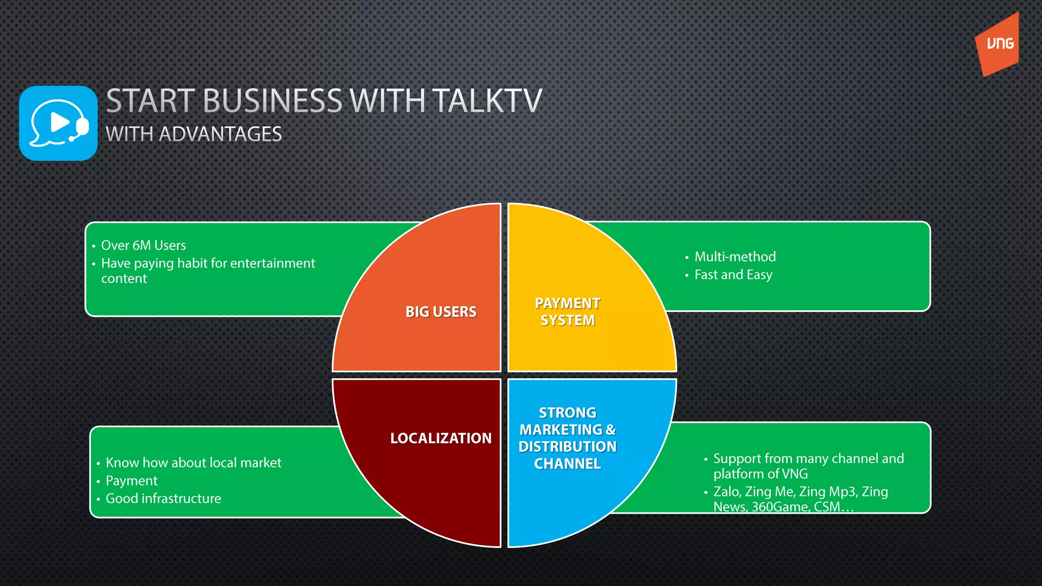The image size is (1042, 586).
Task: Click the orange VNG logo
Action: click(x=998, y=45)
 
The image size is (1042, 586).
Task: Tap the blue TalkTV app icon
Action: click(x=58, y=124)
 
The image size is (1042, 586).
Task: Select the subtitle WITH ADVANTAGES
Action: click(x=193, y=134)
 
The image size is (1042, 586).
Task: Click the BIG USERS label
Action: click(x=441, y=311)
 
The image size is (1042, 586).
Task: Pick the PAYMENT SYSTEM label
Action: click(x=567, y=311)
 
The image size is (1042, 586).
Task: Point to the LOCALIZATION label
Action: click(x=441, y=438)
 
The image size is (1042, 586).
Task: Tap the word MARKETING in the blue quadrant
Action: click(x=561, y=430)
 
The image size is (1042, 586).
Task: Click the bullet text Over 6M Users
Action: click(x=143, y=245)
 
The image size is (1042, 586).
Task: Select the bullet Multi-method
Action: click(x=735, y=256)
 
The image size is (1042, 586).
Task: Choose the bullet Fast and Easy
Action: click(x=733, y=275)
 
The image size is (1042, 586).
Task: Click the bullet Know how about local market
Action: click(x=193, y=462)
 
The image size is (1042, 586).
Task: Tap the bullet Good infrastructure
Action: click(x=163, y=498)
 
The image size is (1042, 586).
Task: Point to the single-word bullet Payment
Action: click(x=131, y=480)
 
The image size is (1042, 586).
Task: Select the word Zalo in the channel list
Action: click(x=727, y=491)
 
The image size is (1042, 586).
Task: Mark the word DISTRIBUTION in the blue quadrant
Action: click(x=567, y=447)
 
